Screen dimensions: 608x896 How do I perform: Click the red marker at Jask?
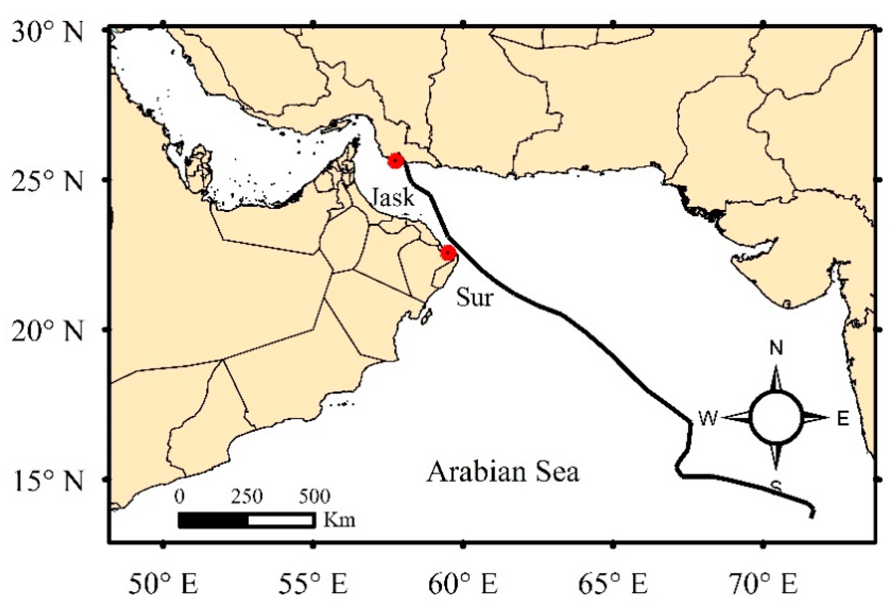pos(395,160)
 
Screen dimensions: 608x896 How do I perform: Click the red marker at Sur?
pos(448,253)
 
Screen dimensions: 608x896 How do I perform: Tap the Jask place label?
pos(393,197)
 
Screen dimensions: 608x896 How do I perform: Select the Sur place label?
pos(474,298)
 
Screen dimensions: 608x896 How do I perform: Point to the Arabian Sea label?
pos(503,472)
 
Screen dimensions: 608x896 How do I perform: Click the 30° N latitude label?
pos(47,32)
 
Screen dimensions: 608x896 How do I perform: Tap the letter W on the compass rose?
pos(708,419)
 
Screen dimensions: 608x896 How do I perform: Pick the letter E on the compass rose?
pos(843,419)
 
